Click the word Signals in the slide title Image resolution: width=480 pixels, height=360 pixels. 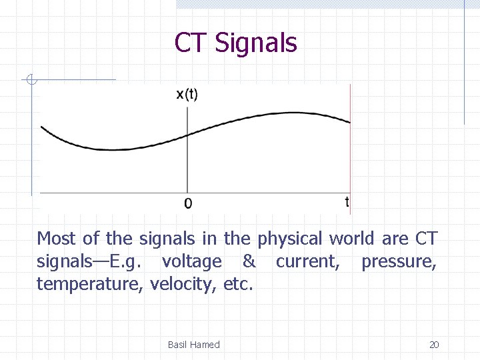(256, 43)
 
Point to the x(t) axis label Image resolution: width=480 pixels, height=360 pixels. (187, 95)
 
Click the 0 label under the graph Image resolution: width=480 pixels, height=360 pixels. (187, 203)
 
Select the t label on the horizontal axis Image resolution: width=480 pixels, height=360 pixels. (347, 201)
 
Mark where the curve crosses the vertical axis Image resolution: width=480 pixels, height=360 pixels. (187, 135)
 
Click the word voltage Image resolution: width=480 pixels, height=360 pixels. (191, 262)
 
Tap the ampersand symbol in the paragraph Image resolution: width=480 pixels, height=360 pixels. (249, 261)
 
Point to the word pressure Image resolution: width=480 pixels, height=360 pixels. (399, 262)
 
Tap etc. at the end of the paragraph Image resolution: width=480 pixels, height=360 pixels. (239, 285)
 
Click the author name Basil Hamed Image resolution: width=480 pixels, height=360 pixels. (193, 345)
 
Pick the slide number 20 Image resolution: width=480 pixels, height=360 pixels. (434, 345)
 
